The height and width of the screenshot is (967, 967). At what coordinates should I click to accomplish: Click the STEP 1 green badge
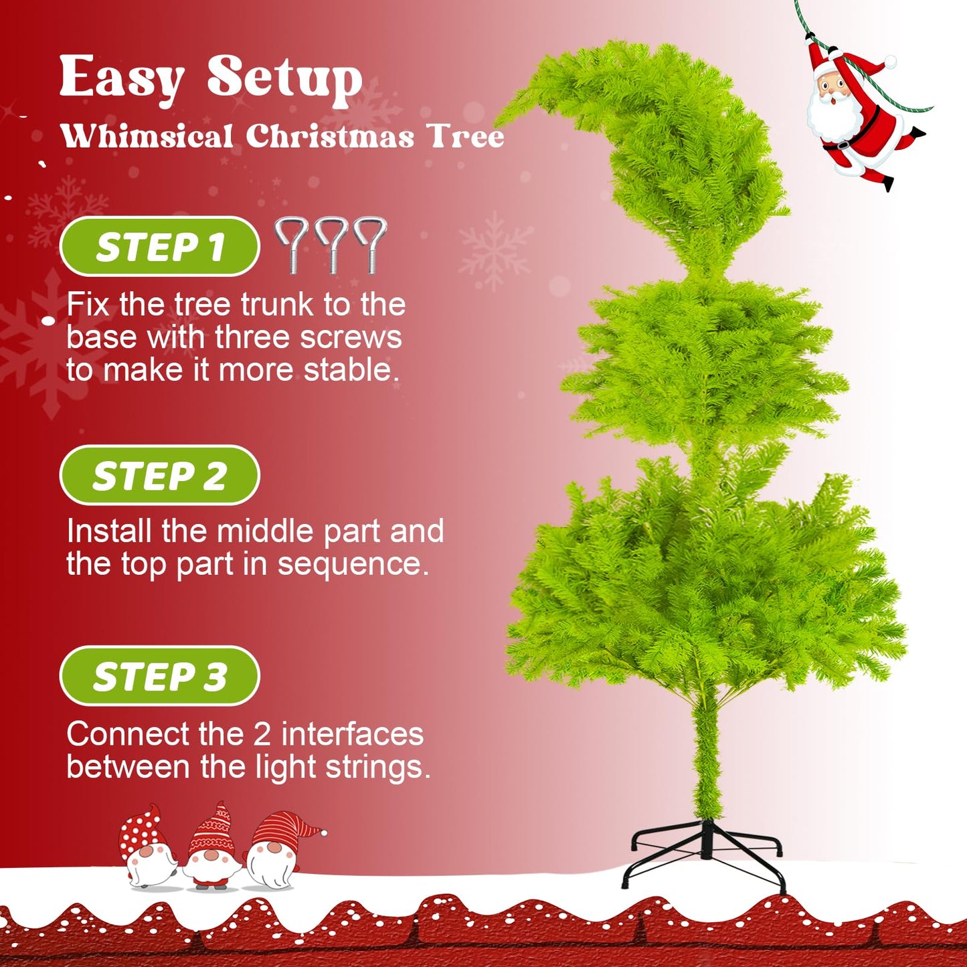[x=159, y=247]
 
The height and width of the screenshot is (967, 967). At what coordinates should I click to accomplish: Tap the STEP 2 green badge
[x=159, y=476]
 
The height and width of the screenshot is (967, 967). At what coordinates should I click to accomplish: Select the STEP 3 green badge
[x=159, y=677]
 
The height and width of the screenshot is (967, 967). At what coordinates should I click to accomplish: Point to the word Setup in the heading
[x=284, y=79]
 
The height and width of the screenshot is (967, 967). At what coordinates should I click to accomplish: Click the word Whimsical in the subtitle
[x=147, y=137]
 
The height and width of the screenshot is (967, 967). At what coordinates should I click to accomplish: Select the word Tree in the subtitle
[x=466, y=137]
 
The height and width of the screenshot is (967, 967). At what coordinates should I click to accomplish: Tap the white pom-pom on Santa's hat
[x=890, y=62]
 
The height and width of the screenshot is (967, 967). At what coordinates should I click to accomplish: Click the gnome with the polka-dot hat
[x=146, y=847]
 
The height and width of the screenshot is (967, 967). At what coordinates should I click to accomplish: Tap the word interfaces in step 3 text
[x=352, y=734]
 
